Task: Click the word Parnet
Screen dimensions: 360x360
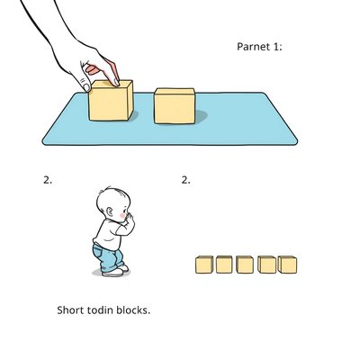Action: coord(254,47)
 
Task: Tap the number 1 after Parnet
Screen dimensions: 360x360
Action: coord(276,47)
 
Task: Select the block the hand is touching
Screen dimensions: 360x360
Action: coord(111,101)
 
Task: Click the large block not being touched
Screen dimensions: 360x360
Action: coord(175,106)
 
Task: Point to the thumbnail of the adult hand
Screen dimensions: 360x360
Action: coord(86,87)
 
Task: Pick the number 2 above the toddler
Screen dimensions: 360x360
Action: coord(48,180)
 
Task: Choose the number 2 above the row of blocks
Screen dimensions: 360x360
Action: coord(185,180)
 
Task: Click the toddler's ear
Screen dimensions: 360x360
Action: coord(110,212)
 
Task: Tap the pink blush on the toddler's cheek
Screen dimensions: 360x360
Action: coord(122,215)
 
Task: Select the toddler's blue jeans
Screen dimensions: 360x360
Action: coord(107,257)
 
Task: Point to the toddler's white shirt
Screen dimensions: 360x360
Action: coord(111,232)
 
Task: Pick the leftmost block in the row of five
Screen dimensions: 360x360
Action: coord(204,265)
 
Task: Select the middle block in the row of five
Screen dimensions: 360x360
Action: coord(245,265)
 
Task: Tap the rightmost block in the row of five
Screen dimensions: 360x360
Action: coord(287,265)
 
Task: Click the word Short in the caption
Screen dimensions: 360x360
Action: coord(70,310)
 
